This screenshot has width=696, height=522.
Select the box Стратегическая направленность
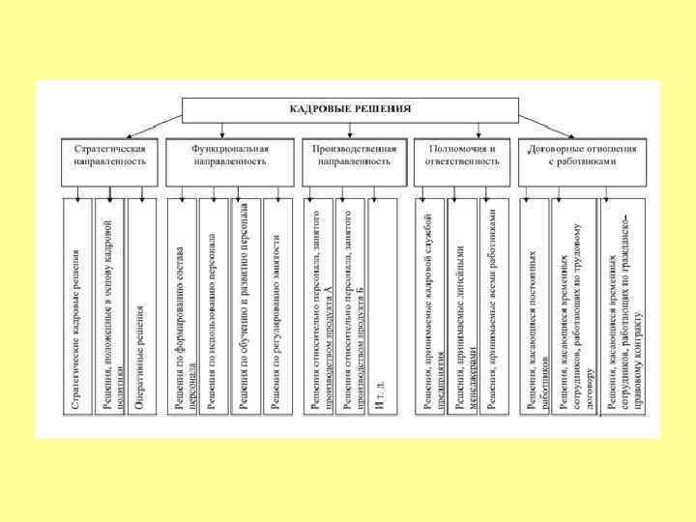(110, 157)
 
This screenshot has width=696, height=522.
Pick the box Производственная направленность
(351, 157)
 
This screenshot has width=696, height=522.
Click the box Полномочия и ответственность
(461, 157)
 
